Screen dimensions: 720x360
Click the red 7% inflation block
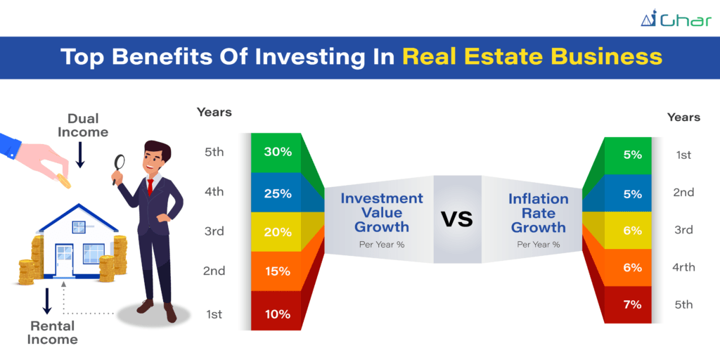click(628, 304)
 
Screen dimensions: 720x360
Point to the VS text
click(457, 219)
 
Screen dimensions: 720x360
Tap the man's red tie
click(150, 187)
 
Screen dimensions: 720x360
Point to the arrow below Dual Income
click(80, 155)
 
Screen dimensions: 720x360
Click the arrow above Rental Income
click(47, 301)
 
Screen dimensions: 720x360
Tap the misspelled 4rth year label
click(684, 267)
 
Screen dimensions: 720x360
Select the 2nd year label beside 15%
click(214, 271)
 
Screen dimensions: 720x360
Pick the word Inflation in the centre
click(538, 199)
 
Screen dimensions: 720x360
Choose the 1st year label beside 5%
click(683, 155)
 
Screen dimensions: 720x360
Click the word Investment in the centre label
click(382, 198)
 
